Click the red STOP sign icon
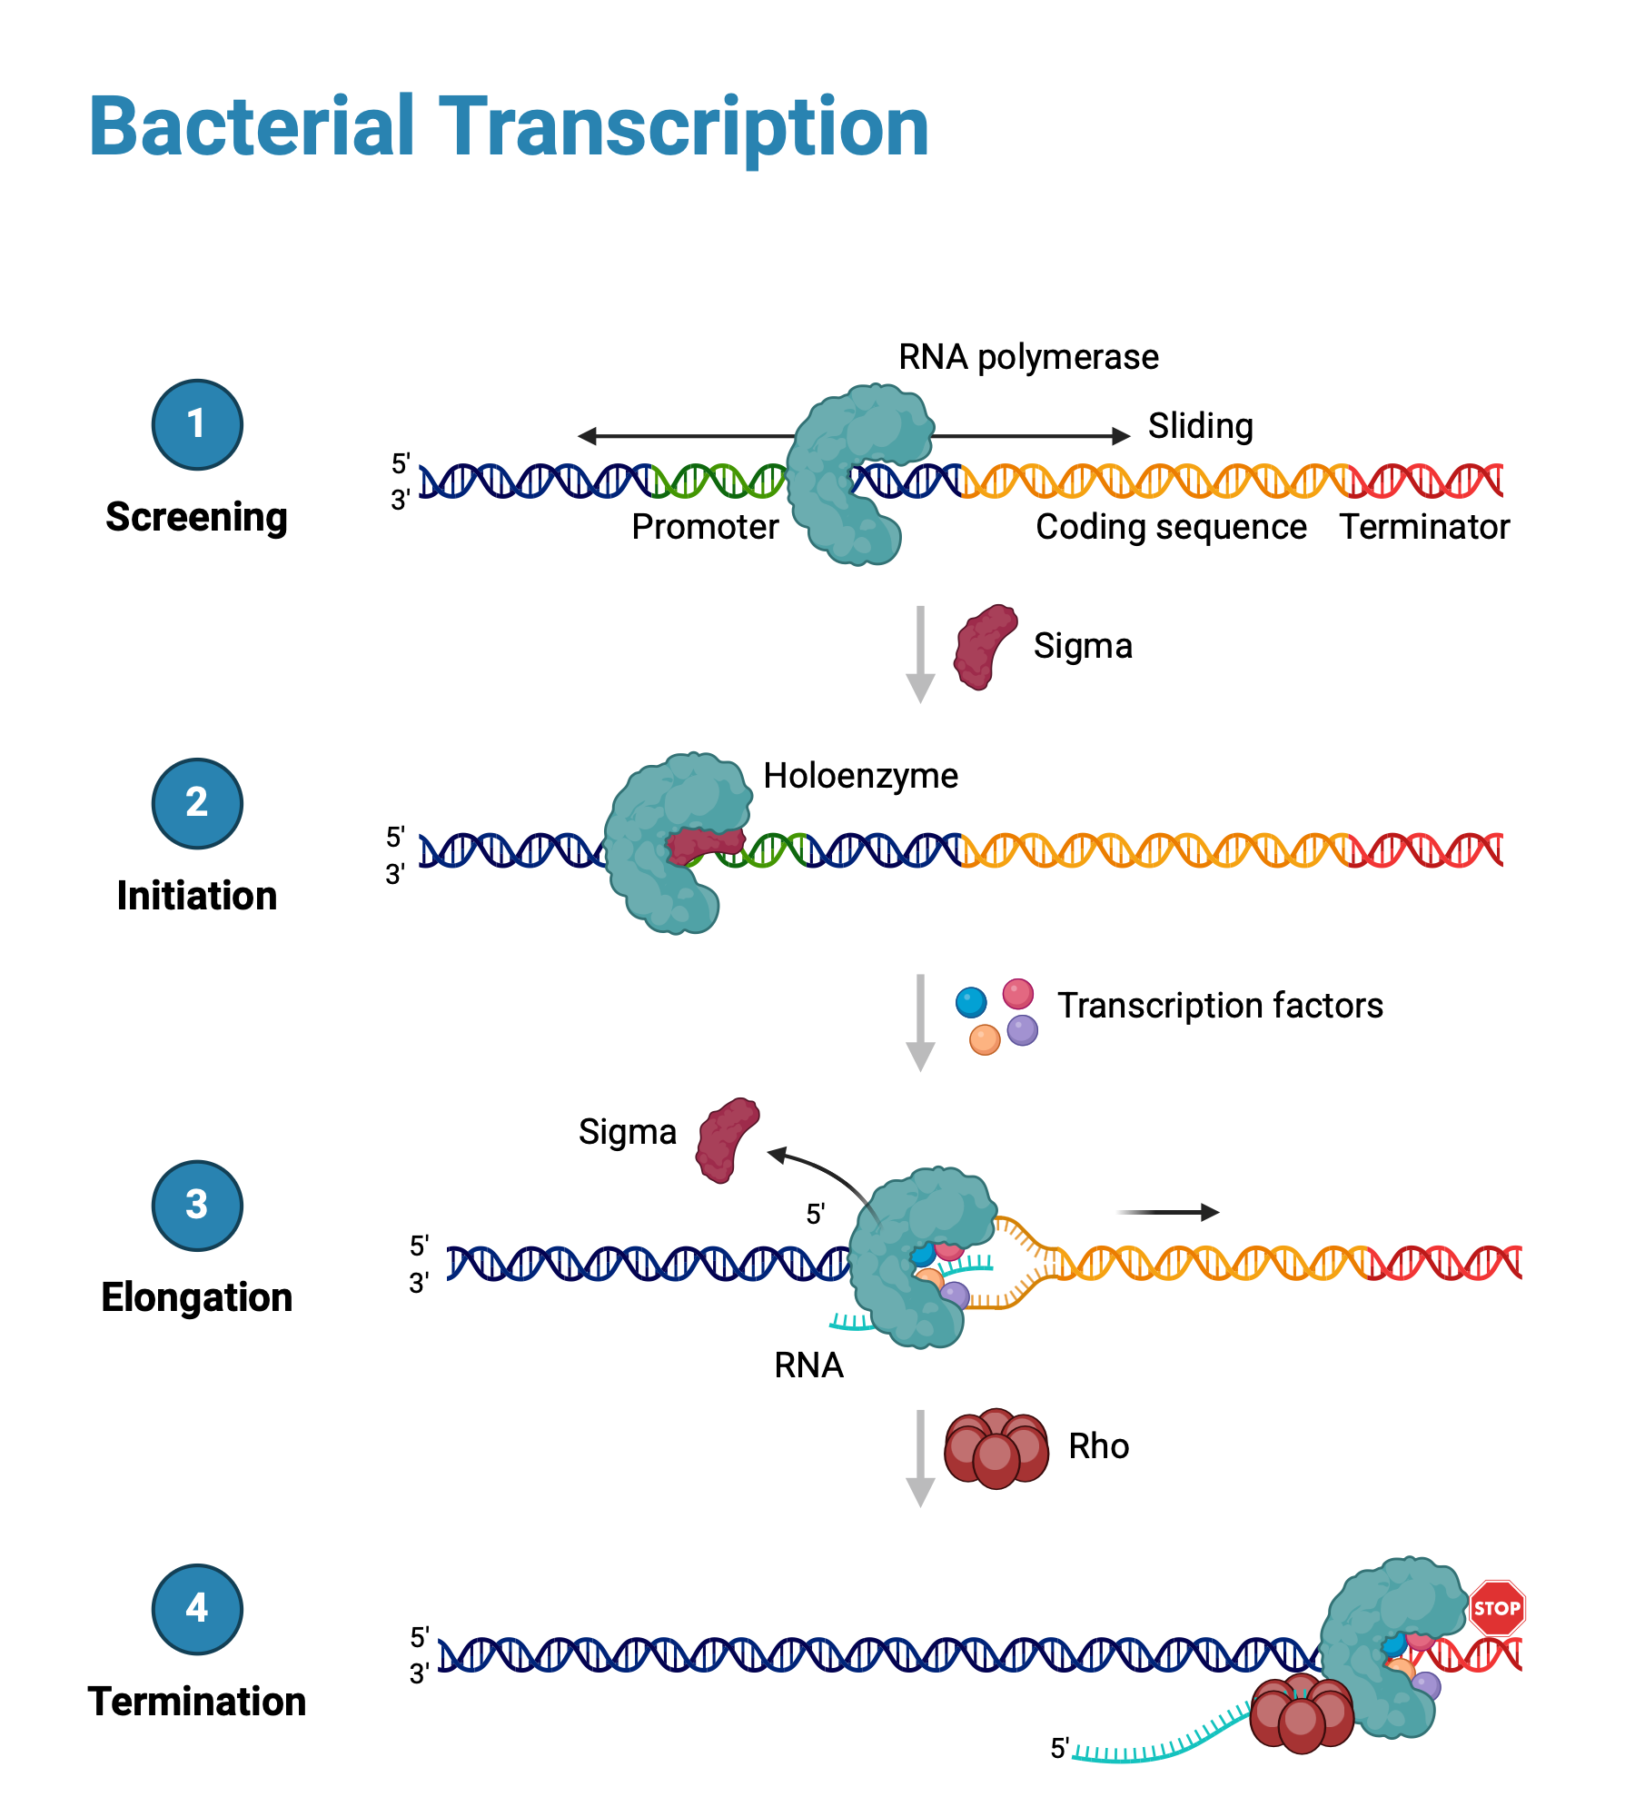tap(1496, 1608)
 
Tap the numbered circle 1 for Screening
tap(197, 424)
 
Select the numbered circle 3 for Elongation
tap(197, 1206)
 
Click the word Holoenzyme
tap(860, 776)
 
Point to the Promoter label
tap(705, 527)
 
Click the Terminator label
tap(1424, 527)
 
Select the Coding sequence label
tap(1171, 527)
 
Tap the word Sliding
tap(1200, 425)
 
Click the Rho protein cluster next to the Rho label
tap(996, 1448)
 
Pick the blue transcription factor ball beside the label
tap(971, 1002)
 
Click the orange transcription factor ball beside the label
tap(985, 1039)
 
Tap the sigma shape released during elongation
tap(726, 1140)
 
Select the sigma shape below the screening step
tap(984, 647)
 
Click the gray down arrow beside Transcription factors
tap(920, 1022)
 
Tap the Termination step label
tap(197, 1702)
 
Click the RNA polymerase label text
tap(1028, 357)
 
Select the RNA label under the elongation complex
tap(808, 1365)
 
